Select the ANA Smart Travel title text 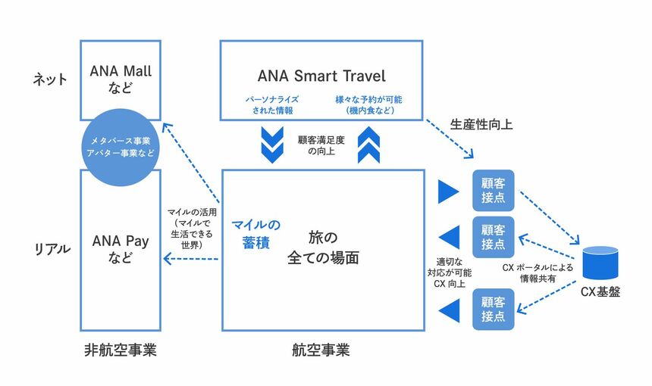[x=321, y=76]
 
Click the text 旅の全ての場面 [x=323, y=246]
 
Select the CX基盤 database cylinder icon [x=600, y=263]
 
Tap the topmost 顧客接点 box [x=493, y=191]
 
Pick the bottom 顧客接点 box [x=493, y=308]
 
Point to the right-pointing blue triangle [x=448, y=192]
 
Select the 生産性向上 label [x=476, y=123]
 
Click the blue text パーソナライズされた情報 [x=270, y=104]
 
